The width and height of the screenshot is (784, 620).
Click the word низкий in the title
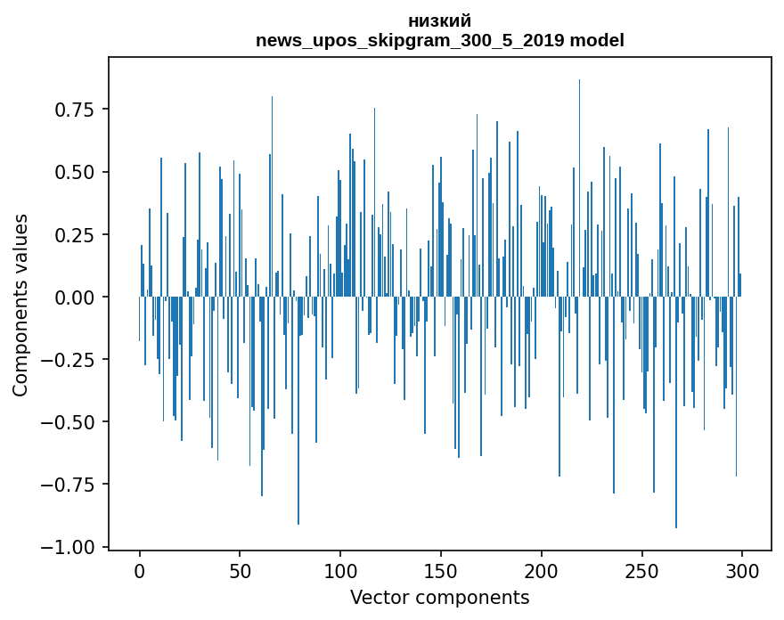coord(439,21)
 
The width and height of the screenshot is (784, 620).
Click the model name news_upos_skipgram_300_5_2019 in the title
coord(411,41)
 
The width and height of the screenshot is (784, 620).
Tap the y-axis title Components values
coord(20,305)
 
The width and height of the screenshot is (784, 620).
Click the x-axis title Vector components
coord(439,598)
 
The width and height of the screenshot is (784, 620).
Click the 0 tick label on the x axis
coord(139,572)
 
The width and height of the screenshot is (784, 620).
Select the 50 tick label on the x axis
coord(240,572)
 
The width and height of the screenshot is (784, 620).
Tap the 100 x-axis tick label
coord(339,572)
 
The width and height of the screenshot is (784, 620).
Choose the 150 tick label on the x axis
coord(440,572)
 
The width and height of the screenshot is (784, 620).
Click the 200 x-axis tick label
coord(541,572)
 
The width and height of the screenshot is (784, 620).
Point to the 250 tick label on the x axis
coord(641,572)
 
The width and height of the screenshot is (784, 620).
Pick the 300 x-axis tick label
coord(741,572)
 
